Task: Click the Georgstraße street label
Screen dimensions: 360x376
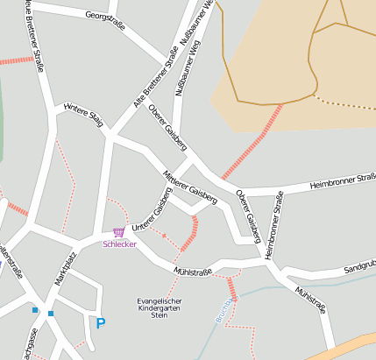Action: [x=105, y=21]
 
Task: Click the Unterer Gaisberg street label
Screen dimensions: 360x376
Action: [x=150, y=215]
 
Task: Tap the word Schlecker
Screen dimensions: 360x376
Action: [x=119, y=244]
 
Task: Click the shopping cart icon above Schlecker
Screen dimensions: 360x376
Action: [x=118, y=233]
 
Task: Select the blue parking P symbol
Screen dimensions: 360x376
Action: [x=101, y=323]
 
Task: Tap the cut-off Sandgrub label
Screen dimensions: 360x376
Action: [x=358, y=264]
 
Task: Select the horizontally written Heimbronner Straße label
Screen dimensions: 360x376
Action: [x=343, y=183]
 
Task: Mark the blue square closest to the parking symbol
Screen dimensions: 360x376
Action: [x=51, y=314]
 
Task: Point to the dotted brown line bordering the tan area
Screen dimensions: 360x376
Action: [x=346, y=103]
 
